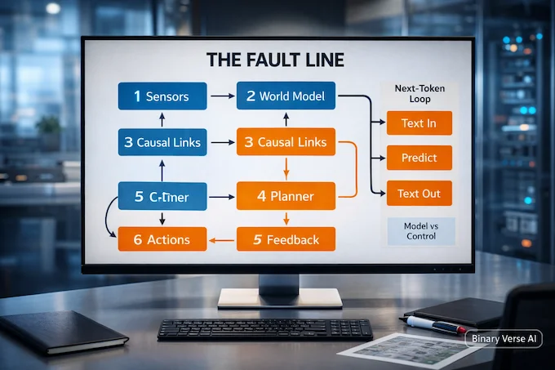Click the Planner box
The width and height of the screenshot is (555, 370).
[286, 195]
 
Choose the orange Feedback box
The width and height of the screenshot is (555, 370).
[286, 239]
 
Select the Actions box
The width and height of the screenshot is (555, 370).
[158, 239]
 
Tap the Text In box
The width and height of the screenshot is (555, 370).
[418, 123]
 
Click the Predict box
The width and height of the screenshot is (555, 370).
[418, 157]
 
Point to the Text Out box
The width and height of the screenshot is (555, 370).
[418, 194]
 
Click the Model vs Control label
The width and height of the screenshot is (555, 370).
[419, 230]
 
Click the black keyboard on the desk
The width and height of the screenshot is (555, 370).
[264, 328]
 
